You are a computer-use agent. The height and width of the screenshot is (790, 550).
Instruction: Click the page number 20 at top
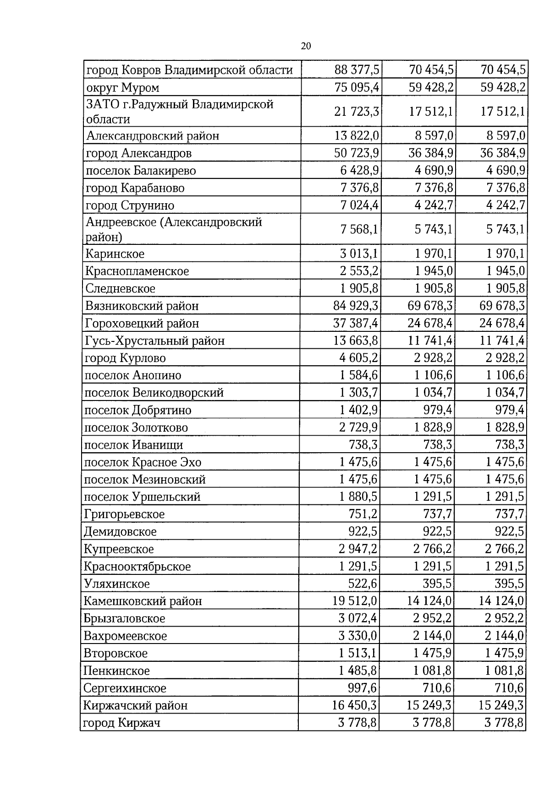pyautogui.click(x=306, y=46)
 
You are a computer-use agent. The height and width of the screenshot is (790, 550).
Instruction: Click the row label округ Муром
pyautogui.click(x=123, y=87)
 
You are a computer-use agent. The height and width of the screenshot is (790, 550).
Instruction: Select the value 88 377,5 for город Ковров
pyautogui.click(x=357, y=70)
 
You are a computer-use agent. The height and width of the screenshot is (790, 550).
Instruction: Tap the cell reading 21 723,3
pyautogui.click(x=357, y=111)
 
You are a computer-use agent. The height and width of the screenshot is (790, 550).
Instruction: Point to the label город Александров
pyautogui.click(x=139, y=153)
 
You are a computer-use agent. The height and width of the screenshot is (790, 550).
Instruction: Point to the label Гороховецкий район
pyautogui.click(x=142, y=324)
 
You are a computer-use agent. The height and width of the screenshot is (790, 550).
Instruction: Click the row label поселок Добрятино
pyautogui.click(x=137, y=410)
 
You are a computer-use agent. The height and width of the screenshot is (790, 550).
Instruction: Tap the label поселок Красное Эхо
pyautogui.click(x=143, y=462)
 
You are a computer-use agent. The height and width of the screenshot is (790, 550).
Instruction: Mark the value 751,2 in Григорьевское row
pyautogui.click(x=363, y=514)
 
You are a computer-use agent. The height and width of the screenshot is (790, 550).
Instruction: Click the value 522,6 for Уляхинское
pyautogui.click(x=363, y=584)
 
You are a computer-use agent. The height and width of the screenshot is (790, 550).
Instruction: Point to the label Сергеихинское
pyautogui.click(x=125, y=688)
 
